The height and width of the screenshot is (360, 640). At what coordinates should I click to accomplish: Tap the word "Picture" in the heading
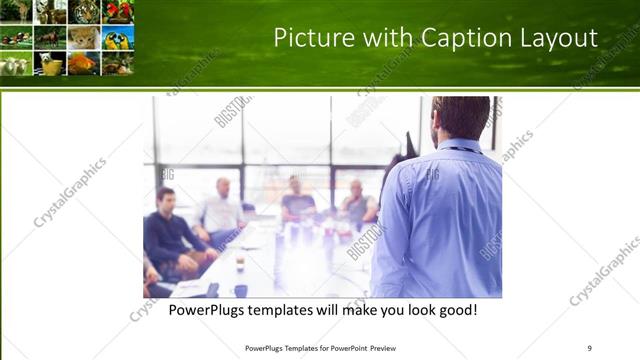coord(319,38)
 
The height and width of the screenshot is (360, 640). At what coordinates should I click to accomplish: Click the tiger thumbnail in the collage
coord(85,11)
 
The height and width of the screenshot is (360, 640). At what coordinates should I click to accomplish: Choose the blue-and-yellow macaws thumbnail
coord(117,37)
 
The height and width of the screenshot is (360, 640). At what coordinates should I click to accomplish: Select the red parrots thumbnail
coord(118,11)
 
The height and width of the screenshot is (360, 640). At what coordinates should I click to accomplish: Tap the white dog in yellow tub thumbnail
coord(50,63)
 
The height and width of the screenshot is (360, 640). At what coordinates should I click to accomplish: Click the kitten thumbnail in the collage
coord(84,37)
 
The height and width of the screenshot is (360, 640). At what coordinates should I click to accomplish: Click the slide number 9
coord(589,348)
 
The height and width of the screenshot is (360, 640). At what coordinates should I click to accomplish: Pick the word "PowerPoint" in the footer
coord(346,348)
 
